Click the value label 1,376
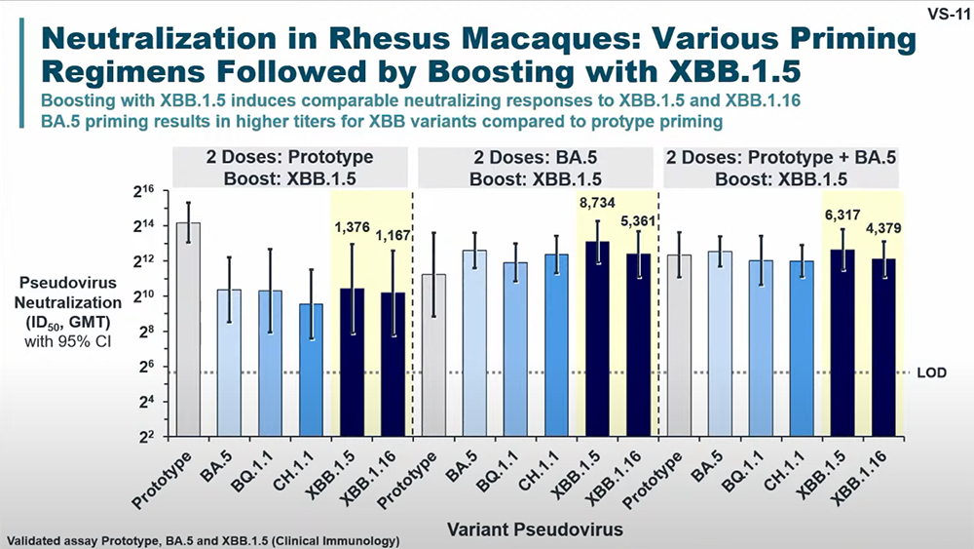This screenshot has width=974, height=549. [x=354, y=228]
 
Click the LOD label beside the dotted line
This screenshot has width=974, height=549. [x=932, y=373]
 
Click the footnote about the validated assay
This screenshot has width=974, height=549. [x=203, y=539]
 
